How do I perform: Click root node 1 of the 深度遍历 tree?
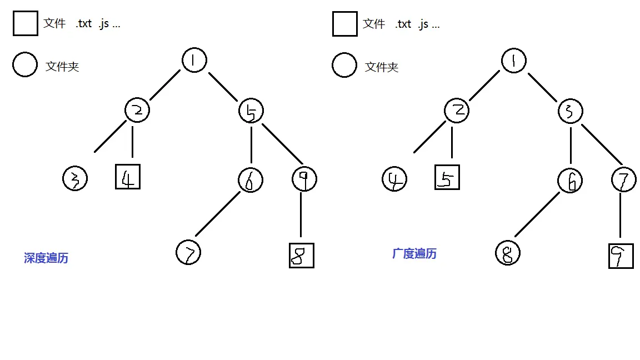pos(194,60)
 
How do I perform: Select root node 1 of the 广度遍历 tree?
pos(513,60)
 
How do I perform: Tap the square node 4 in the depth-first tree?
pos(128,177)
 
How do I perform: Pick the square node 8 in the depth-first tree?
pos(302,256)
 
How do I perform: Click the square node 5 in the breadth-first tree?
pos(447,177)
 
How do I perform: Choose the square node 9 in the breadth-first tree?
pos(621,256)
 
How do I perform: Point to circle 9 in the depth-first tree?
pos(304,179)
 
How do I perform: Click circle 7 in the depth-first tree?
pos(188,253)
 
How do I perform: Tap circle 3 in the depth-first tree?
pos(75,179)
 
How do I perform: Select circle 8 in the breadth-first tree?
pos(507,253)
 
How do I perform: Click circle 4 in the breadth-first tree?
pos(394,179)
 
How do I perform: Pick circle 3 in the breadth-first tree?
pos(571,111)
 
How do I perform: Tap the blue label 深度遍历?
pos(46,258)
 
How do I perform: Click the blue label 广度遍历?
pos(414,254)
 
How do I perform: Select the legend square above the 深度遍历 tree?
pos(26,24)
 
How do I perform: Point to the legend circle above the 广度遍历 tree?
pos(344,65)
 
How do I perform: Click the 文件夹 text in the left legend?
pos(62,67)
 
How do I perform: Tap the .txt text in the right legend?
pos(403,24)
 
